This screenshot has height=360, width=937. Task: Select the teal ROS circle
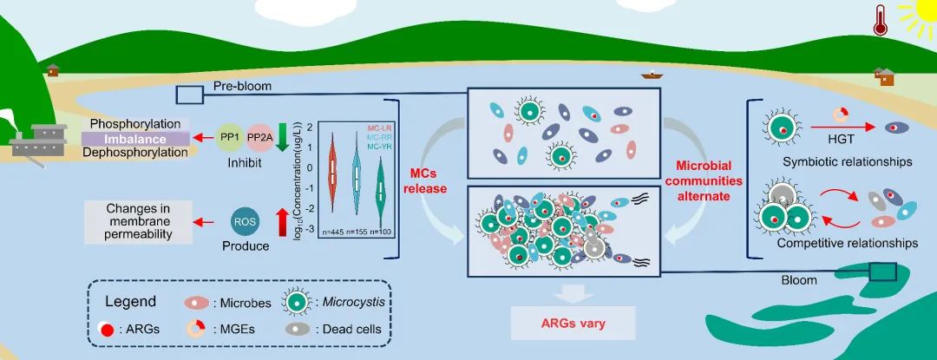pyautogui.click(x=245, y=223)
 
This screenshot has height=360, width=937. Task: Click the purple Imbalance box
pyautogui.click(x=135, y=138)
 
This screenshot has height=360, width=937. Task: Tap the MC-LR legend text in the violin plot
pyautogui.click(x=373, y=129)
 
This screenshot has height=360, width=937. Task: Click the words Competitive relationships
pyautogui.click(x=848, y=243)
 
